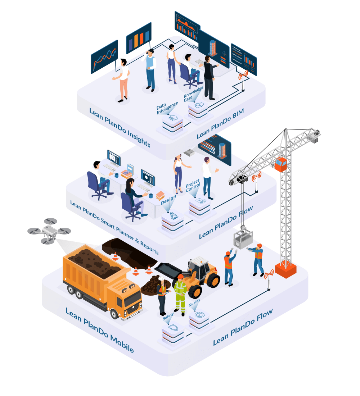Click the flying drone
49,231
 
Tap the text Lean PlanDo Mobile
100,330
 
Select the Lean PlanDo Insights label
120,127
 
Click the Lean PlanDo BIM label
220,123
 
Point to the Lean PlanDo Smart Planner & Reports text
114,227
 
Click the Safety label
168,317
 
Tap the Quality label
194,302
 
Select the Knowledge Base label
193,94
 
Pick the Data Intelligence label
167,108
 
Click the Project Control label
193,186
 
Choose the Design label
168,200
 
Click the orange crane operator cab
280,164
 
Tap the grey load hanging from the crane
243,239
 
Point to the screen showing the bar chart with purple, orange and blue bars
139,38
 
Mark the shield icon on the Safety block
173,328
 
